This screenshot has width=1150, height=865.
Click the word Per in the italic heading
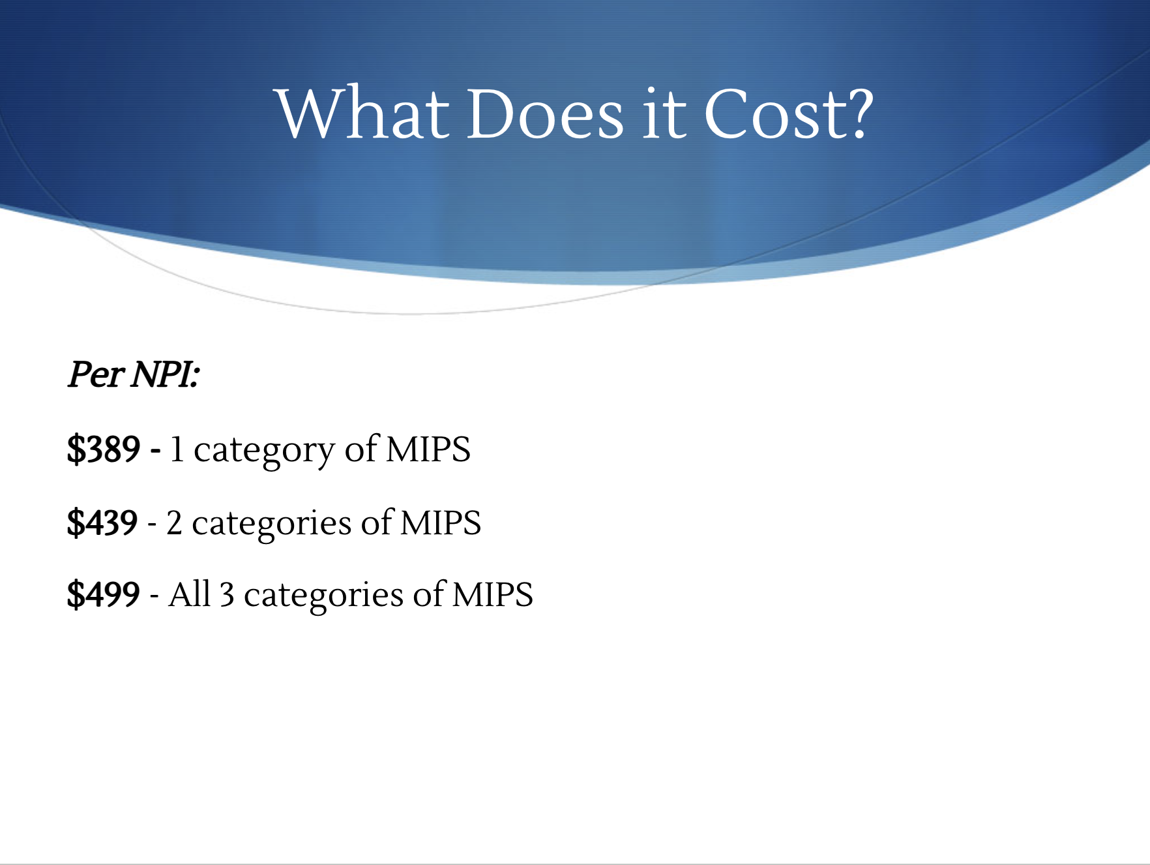(96, 375)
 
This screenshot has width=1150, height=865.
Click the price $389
(104, 449)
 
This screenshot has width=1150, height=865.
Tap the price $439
(102, 523)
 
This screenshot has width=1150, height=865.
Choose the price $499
(104, 594)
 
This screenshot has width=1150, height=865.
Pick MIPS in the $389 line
(428, 449)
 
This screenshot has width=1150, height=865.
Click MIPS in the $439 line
(441, 523)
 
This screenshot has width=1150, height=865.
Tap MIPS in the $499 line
(493, 594)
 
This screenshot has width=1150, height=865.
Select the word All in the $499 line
(190, 594)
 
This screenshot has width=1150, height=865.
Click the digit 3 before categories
(227, 595)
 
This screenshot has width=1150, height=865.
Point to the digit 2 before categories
(174, 523)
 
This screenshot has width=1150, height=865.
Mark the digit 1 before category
(177, 450)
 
